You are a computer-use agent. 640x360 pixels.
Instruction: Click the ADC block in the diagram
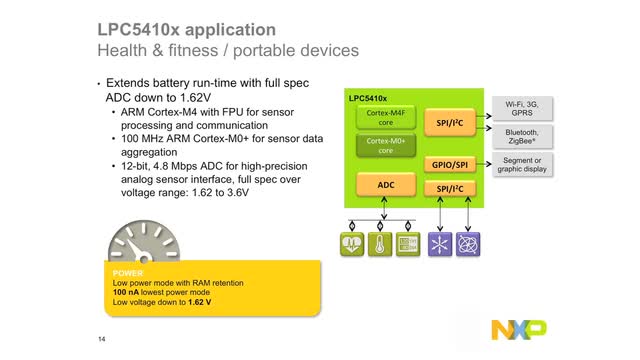click(x=384, y=186)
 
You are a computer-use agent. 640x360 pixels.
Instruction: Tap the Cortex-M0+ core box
click(x=384, y=147)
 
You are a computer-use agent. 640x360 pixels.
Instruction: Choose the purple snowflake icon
click(x=437, y=244)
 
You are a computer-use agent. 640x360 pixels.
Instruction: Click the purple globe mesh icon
click(x=467, y=244)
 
